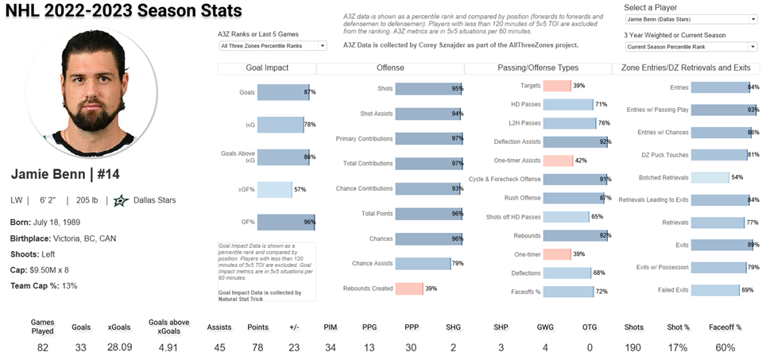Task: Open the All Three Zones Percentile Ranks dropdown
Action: coord(272,46)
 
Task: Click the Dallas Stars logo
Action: coord(122,200)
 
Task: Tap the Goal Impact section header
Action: coord(266,68)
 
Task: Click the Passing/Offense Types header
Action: coord(538,68)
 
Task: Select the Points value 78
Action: coord(257,347)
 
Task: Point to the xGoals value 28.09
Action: coord(120,347)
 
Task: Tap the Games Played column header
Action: coord(42,327)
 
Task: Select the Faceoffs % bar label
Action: coord(525,292)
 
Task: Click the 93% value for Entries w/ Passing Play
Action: coord(752,110)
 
